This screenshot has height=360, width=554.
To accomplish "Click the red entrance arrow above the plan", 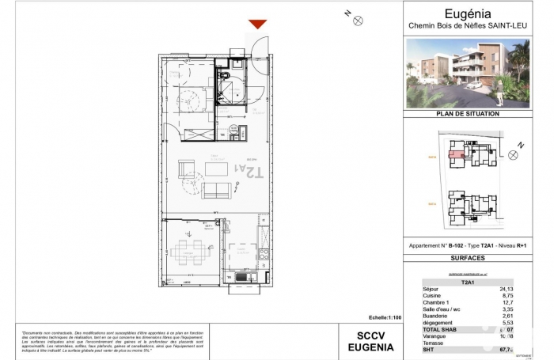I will coord(258,25).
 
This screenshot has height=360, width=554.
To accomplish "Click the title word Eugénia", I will coord(468,13).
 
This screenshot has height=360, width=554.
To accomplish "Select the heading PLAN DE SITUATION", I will coord(468,114).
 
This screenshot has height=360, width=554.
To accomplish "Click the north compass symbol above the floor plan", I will coord(357,20).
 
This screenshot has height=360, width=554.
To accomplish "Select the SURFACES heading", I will coord(468,258).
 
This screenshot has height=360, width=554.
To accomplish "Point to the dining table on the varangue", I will coord(191,252).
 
